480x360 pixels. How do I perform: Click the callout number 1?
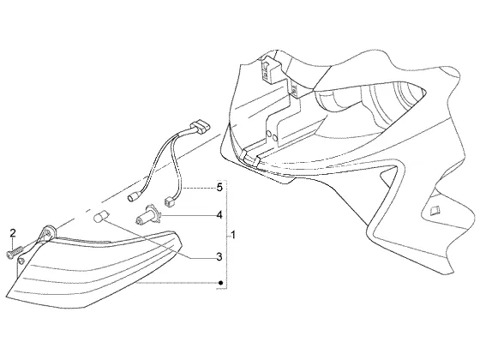pos(233,236)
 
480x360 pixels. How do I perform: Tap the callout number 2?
pos(13,233)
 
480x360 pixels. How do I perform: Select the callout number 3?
pos(219,257)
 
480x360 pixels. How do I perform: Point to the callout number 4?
pos(219,215)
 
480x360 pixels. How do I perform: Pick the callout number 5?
pos(219,188)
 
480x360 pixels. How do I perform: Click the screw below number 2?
pos(15,252)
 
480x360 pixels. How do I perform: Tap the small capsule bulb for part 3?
pos(99,217)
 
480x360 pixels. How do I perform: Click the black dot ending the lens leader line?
pos(220,283)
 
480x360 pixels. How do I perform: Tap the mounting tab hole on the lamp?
pos(48,232)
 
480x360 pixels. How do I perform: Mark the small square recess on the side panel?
pos(434,210)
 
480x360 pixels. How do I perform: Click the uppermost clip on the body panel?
pos(269,69)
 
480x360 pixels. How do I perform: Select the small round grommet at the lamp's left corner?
pos(21,261)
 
